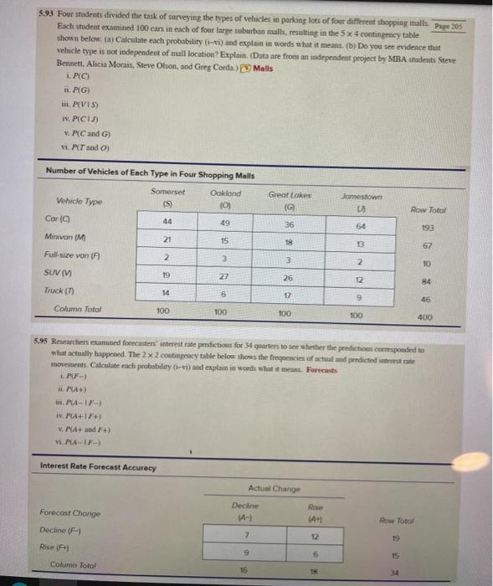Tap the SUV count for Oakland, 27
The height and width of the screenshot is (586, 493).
coord(223,275)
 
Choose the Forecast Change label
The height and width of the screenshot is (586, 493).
coord(69,512)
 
